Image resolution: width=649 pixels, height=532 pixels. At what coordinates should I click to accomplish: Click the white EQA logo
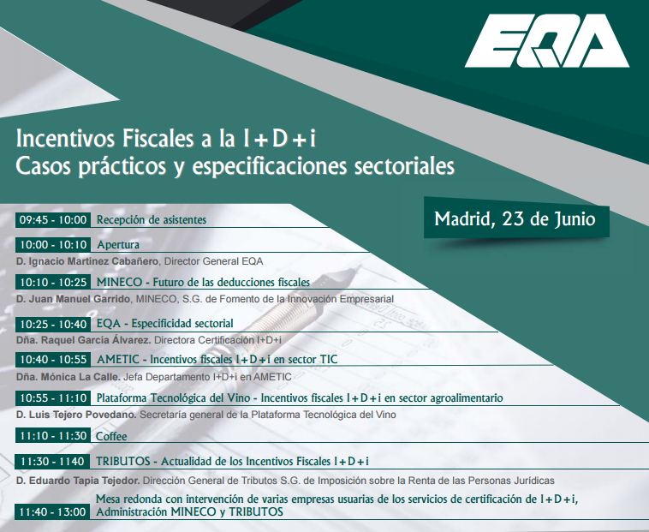click(547, 40)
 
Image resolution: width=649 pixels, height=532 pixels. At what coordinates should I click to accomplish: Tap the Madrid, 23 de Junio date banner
click(516, 218)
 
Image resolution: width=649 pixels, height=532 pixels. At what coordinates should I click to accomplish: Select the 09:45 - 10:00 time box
click(53, 220)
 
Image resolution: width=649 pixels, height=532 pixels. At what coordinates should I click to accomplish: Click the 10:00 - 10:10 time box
click(53, 245)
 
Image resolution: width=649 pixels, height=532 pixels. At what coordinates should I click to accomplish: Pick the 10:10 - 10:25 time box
click(53, 283)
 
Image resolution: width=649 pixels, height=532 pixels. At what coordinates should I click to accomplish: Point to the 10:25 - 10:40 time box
click(53, 324)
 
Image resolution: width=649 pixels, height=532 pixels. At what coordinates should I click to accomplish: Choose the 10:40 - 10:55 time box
click(53, 359)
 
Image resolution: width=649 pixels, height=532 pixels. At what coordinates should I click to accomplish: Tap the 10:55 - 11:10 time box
click(53, 398)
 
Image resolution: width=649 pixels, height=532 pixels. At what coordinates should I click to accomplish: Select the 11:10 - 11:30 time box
click(53, 436)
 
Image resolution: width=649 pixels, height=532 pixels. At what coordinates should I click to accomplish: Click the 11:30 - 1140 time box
click(53, 461)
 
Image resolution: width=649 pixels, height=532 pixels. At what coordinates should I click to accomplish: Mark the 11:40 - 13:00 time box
click(53, 511)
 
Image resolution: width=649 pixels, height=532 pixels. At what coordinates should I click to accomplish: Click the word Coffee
click(111, 436)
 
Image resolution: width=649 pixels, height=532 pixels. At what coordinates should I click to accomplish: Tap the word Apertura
click(118, 245)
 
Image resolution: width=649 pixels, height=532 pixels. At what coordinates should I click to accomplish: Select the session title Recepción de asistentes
click(152, 220)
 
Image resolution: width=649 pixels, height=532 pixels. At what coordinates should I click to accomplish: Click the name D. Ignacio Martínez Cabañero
click(87, 261)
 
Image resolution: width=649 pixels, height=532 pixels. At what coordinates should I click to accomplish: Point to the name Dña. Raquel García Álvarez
click(84, 340)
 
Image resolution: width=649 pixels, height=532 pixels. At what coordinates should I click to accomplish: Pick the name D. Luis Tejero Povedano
click(76, 415)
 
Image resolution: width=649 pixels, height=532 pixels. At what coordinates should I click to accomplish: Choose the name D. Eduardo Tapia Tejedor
click(78, 481)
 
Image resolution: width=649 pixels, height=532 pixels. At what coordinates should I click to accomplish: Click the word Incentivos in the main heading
click(65, 139)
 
